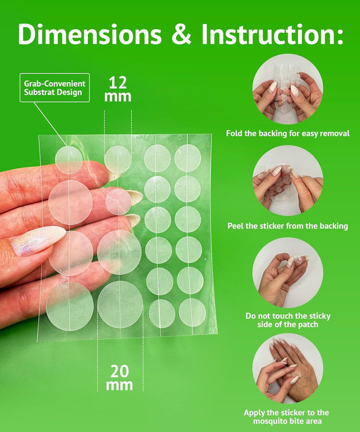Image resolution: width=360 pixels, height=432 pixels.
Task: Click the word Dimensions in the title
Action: click(90, 34)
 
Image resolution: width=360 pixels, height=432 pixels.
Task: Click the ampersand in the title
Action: click(182, 34)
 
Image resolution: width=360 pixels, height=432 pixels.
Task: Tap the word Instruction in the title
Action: click(272, 34)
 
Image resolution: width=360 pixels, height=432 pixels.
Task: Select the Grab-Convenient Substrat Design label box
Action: click(55, 88)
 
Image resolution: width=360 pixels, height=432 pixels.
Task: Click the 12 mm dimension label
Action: click(118, 89)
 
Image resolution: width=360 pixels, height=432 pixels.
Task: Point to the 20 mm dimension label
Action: click(120, 378)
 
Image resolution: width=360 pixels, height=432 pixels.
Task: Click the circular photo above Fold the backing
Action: click(287, 89)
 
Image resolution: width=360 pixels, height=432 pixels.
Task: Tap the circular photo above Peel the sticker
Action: click(287, 181)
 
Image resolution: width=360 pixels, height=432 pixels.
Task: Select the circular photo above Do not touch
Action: click(287, 272)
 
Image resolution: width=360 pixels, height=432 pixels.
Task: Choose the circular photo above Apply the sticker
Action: click(287, 368)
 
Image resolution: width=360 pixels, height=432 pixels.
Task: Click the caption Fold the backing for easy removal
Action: click(288, 134)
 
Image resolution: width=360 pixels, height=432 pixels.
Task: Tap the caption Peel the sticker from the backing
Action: click(288, 226)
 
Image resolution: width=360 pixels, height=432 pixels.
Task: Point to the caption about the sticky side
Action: click(288, 320)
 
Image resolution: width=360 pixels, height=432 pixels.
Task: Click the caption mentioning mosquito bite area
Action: click(286, 417)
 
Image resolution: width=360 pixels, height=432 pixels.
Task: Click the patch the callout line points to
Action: click(69, 160)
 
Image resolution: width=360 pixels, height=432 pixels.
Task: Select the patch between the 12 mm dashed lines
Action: click(118, 160)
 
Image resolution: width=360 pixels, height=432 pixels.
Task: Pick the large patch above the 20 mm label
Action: click(120, 304)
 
